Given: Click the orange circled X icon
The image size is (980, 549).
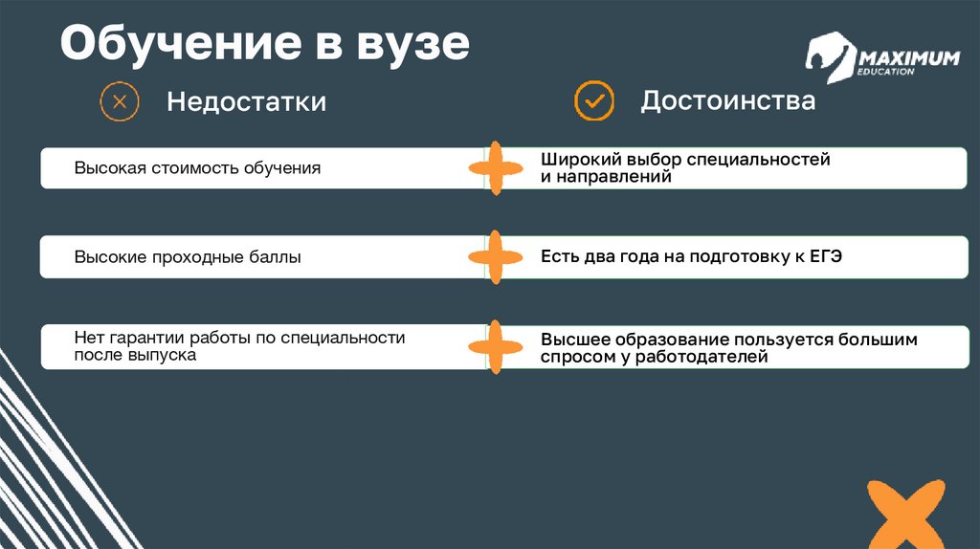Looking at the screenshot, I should point(120,101).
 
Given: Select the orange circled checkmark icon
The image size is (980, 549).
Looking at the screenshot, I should point(593,100).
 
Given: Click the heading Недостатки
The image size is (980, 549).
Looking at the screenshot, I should point(246,101).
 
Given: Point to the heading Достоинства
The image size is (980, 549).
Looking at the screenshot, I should point(727,100).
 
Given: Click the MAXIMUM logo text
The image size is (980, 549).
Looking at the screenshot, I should point(910,59).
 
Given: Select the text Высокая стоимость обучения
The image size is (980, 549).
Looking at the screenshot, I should point(197,168).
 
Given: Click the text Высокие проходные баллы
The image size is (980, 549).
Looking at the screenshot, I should point(188,257).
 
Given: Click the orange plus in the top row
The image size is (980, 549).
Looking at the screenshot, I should point(495,168).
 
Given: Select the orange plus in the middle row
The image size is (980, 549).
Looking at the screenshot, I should point(495,257).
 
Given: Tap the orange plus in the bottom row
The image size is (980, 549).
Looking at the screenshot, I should point(495,347).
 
